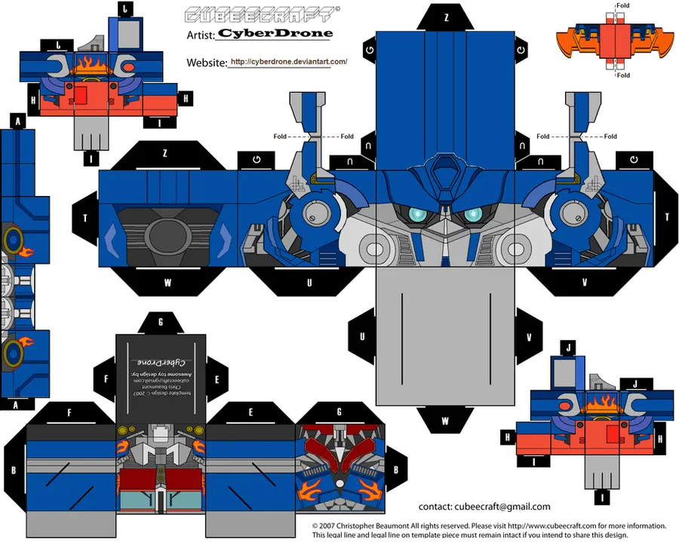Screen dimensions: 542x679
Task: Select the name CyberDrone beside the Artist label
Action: [275, 33]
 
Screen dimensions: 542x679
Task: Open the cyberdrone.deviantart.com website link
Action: [289, 62]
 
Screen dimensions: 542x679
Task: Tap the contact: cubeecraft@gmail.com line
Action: [484, 507]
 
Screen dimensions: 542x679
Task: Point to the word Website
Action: [206, 63]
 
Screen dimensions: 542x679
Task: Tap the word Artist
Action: [200, 34]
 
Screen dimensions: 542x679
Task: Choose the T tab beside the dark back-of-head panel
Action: [85, 217]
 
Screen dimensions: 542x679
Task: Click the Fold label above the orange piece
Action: [622, 5]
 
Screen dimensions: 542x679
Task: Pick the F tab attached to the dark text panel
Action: [105, 379]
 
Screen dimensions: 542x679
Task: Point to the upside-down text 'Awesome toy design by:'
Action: [160, 373]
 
